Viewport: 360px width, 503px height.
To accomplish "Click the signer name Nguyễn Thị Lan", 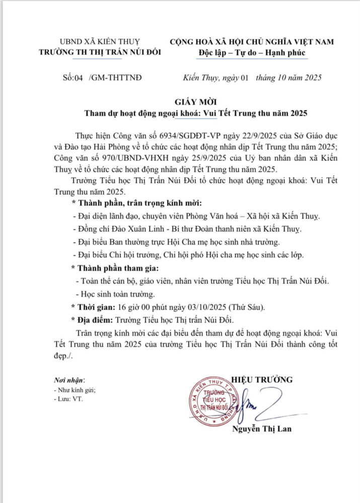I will pos(261,429).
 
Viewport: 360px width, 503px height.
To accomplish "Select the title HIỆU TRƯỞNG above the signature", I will pos(261,379).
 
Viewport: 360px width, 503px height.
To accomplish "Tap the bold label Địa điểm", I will pos(95,319).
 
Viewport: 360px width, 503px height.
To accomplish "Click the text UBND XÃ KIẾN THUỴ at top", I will pos(100,42).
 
